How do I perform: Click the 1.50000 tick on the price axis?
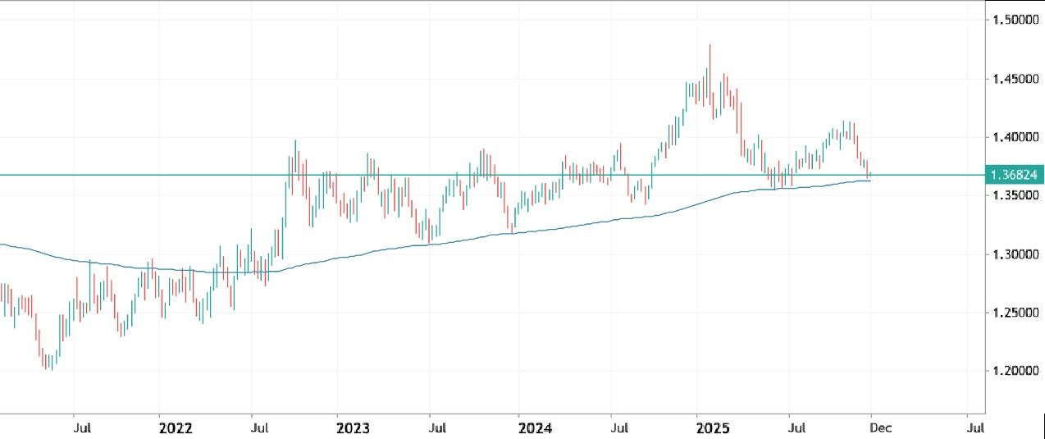pos(1013,20)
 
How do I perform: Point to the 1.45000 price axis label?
pos(1013,79)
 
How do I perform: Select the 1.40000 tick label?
pos(1013,137)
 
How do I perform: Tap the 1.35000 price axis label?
pos(1013,196)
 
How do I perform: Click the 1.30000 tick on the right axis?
pos(1013,254)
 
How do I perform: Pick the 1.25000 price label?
pos(1013,313)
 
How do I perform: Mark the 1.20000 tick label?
pos(1013,372)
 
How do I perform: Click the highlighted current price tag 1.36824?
pos(1015,175)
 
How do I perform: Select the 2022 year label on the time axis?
pos(175,428)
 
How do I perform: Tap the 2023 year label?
pos(353,428)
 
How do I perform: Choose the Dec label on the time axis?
pos(880,428)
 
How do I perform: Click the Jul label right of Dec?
pos(974,428)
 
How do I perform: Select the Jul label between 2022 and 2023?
pos(260,428)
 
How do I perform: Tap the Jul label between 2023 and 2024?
pos(439,428)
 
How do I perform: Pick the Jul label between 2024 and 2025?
pos(621,428)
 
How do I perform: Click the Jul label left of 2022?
pos(81,428)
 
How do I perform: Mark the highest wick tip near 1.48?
pos(710,45)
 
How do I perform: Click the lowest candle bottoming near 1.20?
pos(52,369)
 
